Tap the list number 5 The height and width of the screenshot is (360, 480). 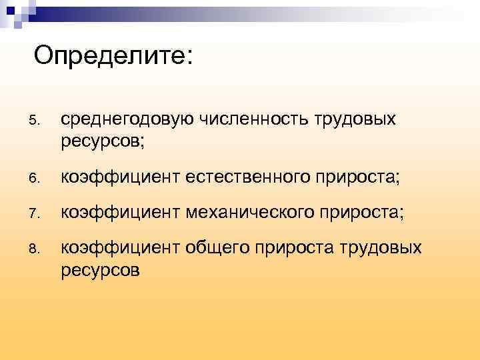(x=35, y=121)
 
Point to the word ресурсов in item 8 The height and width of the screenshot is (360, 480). (x=100, y=271)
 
